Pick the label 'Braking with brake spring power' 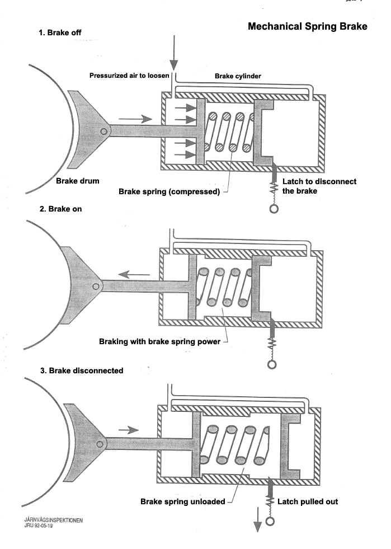tap(159, 341)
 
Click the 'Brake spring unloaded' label tap(182, 501)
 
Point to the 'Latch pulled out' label tap(309, 501)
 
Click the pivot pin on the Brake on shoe tap(96, 286)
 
